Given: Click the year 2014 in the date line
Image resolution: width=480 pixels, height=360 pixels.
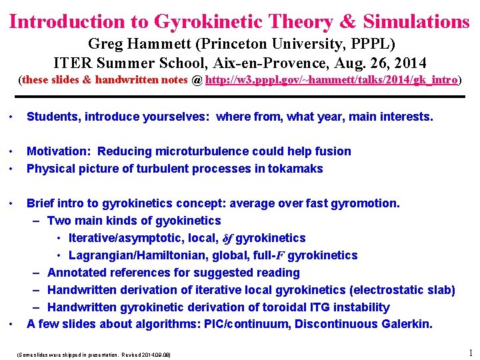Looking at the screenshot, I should tap(411, 63).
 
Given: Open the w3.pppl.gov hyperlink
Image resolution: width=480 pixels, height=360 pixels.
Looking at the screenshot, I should tap(331, 80).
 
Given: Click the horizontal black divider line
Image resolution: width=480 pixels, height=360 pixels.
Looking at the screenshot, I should tap(240, 97).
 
